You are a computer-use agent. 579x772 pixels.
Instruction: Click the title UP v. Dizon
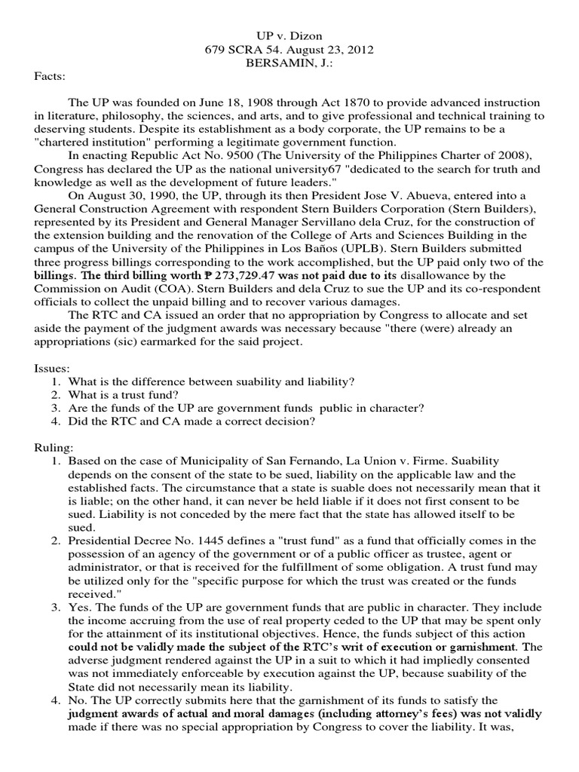289,35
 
